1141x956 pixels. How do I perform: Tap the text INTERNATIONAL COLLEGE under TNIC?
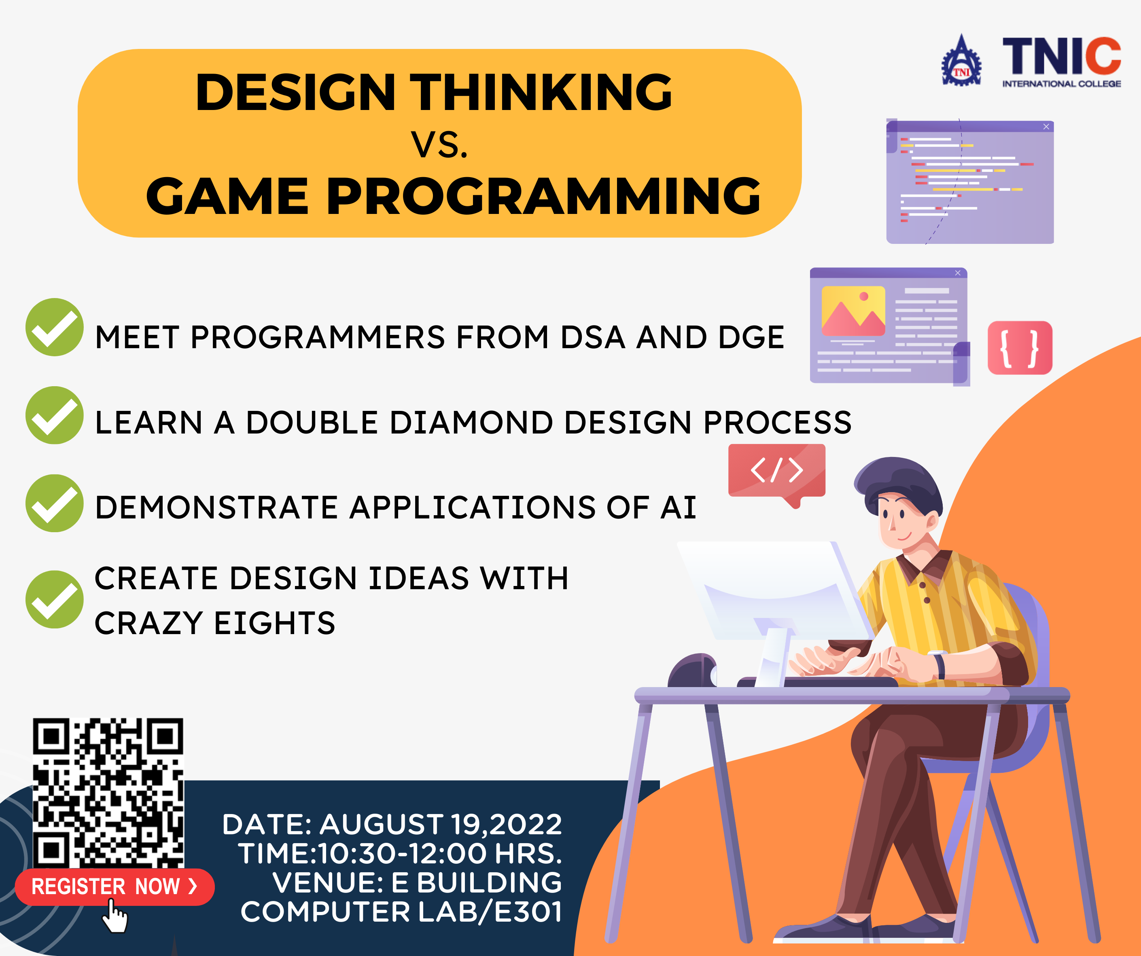[x=1061, y=84]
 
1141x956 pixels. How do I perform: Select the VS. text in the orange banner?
[x=439, y=145]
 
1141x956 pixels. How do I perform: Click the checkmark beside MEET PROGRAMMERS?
[x=54, y=327]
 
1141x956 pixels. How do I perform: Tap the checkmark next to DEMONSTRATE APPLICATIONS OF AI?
[x=54, y=503]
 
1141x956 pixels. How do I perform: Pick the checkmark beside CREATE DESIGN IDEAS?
[x=54, y=599]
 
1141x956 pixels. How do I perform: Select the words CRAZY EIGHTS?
[x=214, y=623]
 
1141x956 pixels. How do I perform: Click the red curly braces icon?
[x=1020, y=348]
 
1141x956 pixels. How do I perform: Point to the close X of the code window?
[x=1046, y=127]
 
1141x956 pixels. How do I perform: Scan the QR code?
[x=108, y=792]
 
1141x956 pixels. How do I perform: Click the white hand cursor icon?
[x=115, y=916]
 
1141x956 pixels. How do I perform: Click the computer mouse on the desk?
[x=692, y=671]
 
